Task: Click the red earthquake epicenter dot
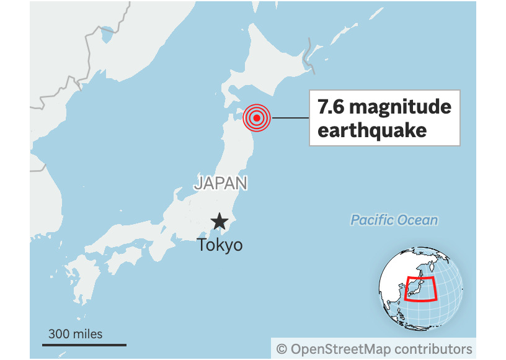[257, 117]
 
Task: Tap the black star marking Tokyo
[219, 222]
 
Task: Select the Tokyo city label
[220, 245]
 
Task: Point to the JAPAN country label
[221, 183]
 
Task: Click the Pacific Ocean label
[394, 220]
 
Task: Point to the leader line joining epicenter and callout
[290, 117]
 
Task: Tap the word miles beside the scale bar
[87, 334]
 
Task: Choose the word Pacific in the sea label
[372, 220]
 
